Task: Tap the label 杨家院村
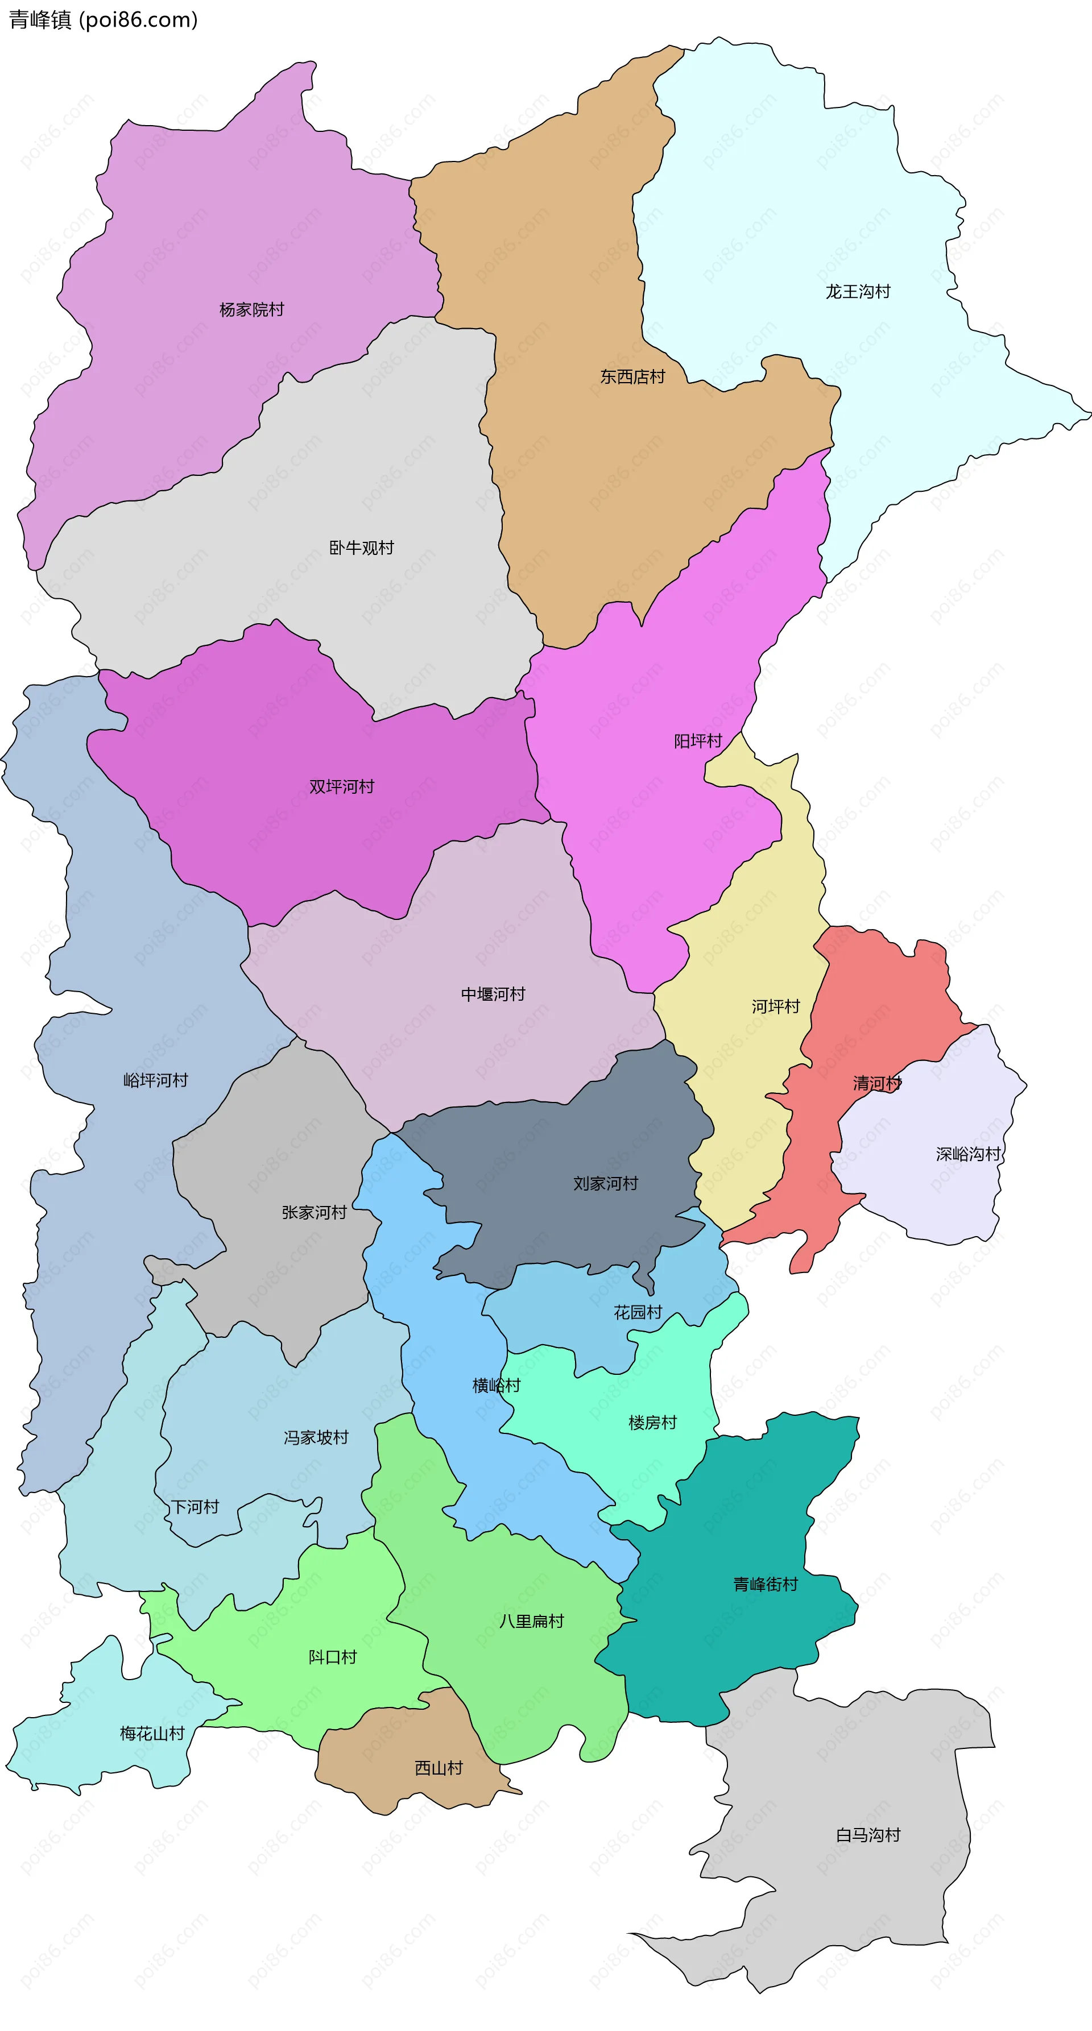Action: point(251,310)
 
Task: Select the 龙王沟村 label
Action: point(858,292)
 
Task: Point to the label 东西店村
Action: point(632,377)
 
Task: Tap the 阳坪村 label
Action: point(698,741)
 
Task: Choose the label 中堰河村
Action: point(493,994)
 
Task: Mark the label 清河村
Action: point(877,1083)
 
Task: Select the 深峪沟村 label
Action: point(968,1154)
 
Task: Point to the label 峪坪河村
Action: point(155,1080)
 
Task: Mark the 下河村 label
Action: point(195,1507)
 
